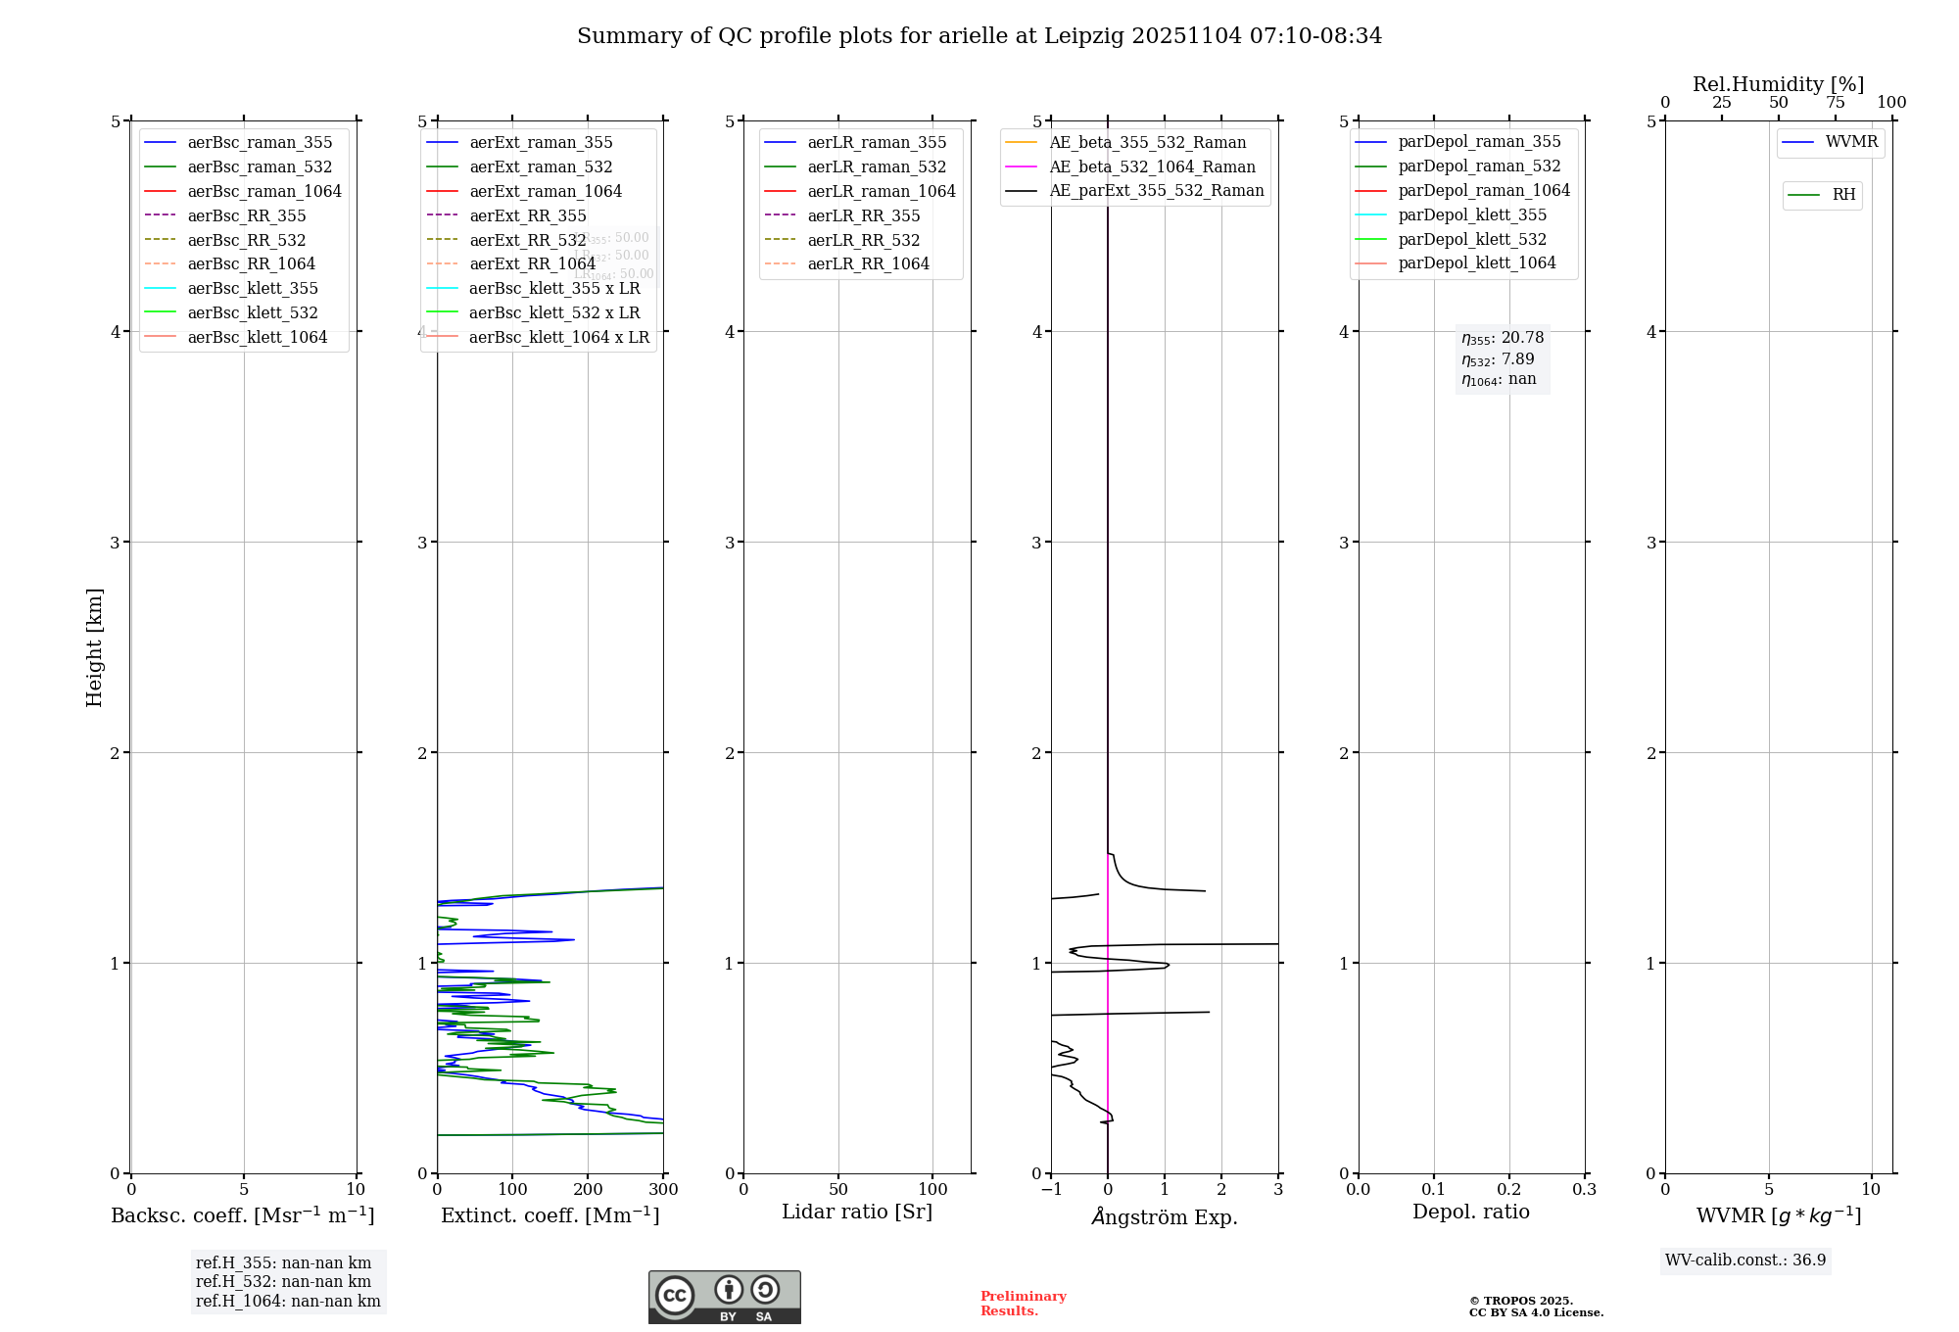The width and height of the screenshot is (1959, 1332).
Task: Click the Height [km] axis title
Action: point(94,646)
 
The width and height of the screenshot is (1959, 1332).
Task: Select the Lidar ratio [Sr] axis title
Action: point(857,1212)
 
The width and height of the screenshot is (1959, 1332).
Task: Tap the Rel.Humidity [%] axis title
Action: point(1778,84)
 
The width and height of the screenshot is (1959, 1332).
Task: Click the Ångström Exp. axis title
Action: point(1165,1216)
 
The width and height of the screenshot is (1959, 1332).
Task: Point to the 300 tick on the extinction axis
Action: point(663,1189)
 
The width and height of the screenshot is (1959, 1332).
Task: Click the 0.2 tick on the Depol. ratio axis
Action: point(1509,1189)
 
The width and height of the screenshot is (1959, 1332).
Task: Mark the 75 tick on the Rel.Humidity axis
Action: point(1835,103)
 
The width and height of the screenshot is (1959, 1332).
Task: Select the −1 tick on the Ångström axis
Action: point(1051,1189)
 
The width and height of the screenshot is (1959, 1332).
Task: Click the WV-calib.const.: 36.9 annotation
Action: point(1745,1260)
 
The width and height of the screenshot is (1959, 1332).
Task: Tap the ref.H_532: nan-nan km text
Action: point(283,1281)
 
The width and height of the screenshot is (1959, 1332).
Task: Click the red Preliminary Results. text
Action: point(1023,1303)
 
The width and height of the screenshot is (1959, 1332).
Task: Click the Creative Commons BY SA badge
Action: point(724,1297)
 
